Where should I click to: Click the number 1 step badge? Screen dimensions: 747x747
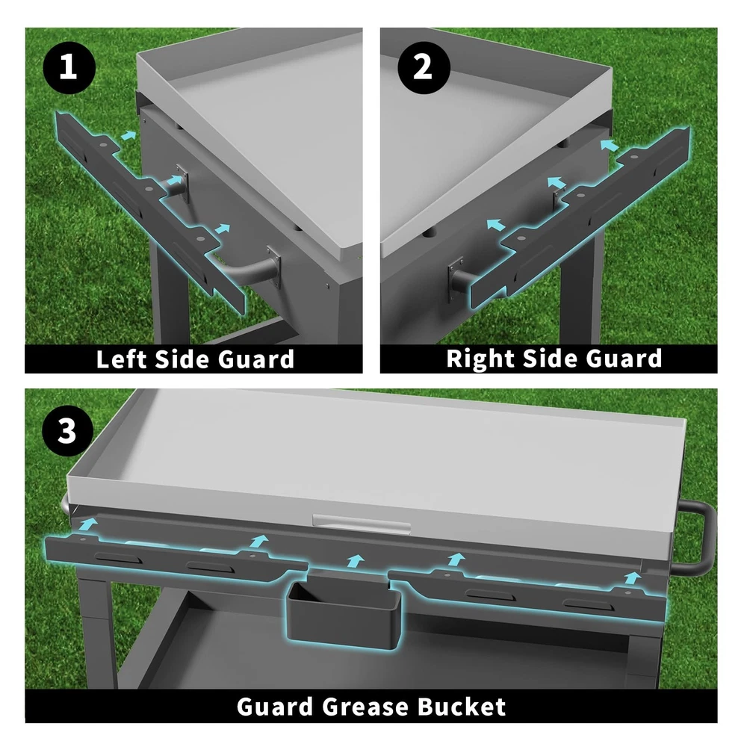pyautogui.click(x=69, y=68)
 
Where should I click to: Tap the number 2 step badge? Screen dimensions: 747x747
pyautogui.click(x=423, y=68)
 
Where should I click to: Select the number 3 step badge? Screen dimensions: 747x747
pyautogui.click(x=67, y=432)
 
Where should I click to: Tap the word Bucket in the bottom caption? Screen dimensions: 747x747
pyautogui.click(x=461, y=707)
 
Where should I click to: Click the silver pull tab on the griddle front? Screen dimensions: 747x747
pyautogui.click(x=361, y=523)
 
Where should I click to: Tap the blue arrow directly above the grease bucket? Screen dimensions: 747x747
pyautogui.click(x=356, y=561)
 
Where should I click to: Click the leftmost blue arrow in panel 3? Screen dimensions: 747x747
pyautogui.click(x=88, y=525)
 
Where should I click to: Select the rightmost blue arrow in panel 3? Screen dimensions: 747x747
pyautogui.click(x=632, y=578)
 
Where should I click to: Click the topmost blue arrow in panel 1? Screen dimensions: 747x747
pyautogui.click(x=128, y=136)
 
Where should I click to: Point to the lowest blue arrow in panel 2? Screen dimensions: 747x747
pyautogui.click(x=496, y=224)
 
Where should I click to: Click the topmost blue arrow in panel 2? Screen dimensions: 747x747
pyautogui.click(x=610, y=145)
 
